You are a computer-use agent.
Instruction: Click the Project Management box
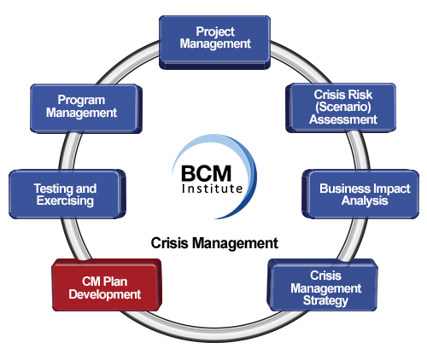coord(214,43)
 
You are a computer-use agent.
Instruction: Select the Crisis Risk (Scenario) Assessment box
coord(341,107)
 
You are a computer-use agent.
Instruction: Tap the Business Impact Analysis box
coord(360,195)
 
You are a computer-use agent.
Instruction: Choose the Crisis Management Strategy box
coord(323,285)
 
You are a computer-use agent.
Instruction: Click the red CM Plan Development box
coord(107,285)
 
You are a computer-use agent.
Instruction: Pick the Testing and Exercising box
coord(67,195)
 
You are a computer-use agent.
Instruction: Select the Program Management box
coord(86,108)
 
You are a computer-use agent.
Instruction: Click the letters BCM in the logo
coord(206,174)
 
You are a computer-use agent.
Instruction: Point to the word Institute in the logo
coord(212,189)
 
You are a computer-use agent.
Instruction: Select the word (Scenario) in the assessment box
coord(343,107)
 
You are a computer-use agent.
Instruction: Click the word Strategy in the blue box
coord(325,301)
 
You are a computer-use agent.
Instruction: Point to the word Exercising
coord(65,200)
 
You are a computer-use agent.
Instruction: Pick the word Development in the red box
coord(105,294)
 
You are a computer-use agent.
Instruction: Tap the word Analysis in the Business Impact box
coord(365,200)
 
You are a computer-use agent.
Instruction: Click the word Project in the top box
coord(215,32)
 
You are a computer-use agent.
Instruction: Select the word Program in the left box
coord(81,101)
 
